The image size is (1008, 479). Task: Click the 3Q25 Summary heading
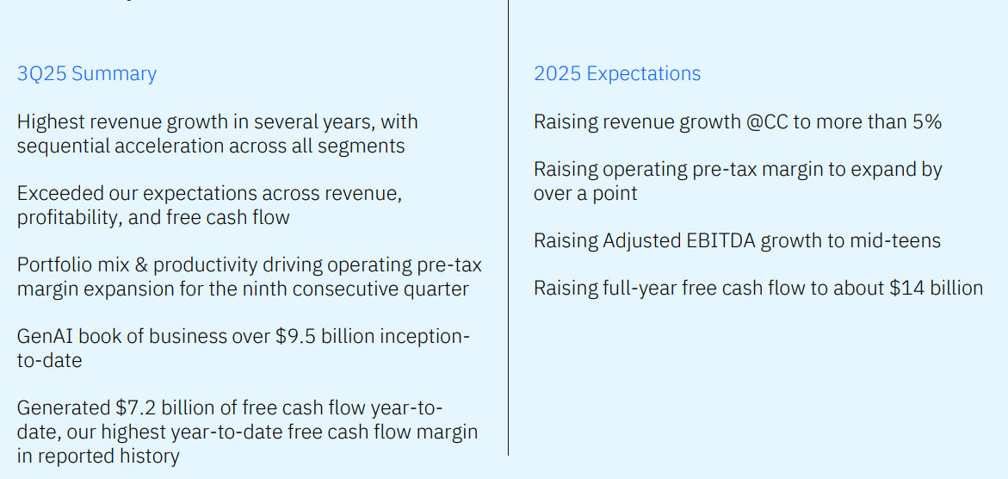click(87, 74)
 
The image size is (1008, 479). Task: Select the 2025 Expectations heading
click(617, 74)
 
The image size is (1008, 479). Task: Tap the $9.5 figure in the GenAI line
click(293, 336)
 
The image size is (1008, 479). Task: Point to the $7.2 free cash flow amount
click(133, 407)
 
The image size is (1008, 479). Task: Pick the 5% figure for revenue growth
click(926, 122)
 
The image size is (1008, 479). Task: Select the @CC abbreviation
click(766, 122)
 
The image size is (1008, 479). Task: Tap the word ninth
click(263, 289)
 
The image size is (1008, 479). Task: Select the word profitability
click(70, 218)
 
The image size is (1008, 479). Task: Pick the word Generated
click(63, 407)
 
